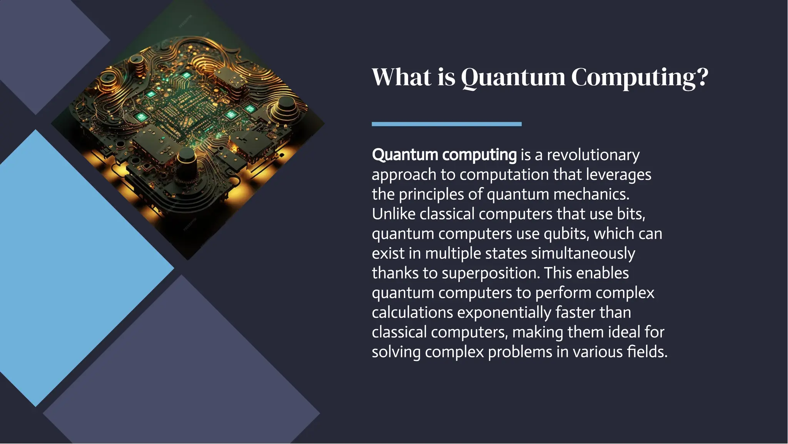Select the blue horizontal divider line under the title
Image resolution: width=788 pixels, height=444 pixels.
click(x=446, y=124)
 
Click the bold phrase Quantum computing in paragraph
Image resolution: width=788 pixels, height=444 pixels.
click(x=444, y=155)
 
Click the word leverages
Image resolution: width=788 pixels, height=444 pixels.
click(x=618, y=174)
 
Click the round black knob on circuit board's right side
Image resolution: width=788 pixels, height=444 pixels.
click(x=286, y=106)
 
